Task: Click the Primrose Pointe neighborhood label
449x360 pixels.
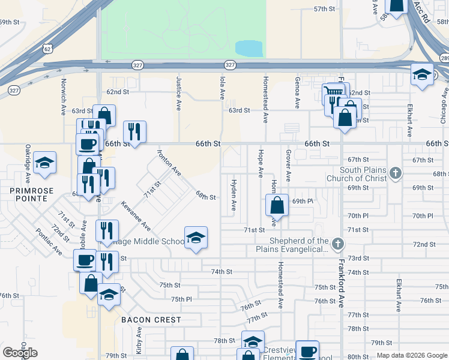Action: pyautogui.click(x=23, y=191)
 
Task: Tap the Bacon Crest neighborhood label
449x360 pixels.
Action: pyautogui.click(x=151, y=320)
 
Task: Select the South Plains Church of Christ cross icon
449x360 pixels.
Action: pyautogui.click(x=395, y=174)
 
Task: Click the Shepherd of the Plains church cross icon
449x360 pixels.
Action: pyautogui.click(x=338, y=244)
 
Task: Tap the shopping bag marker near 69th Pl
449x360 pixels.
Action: pyautogui.click(x=277, y=205)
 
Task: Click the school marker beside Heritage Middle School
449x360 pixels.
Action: pyautogui.click(x=195, y=239)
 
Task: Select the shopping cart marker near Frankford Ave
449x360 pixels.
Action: pyautogui.click(x=333, y=92)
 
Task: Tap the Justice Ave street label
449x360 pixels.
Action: pyautogui.click(x=179, y=92)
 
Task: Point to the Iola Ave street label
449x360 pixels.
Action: pyautogui.click(x=222, y=86)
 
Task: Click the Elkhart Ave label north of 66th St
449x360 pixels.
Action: pyautogui.click(x=409, y=120)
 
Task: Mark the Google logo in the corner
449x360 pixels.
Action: pyautogui.click(x=20, y=353)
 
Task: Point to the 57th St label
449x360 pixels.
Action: pyautogui.click(x=324, y=9)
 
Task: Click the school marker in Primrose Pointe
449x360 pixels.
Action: pyautogui.click(x=44, y=163)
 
